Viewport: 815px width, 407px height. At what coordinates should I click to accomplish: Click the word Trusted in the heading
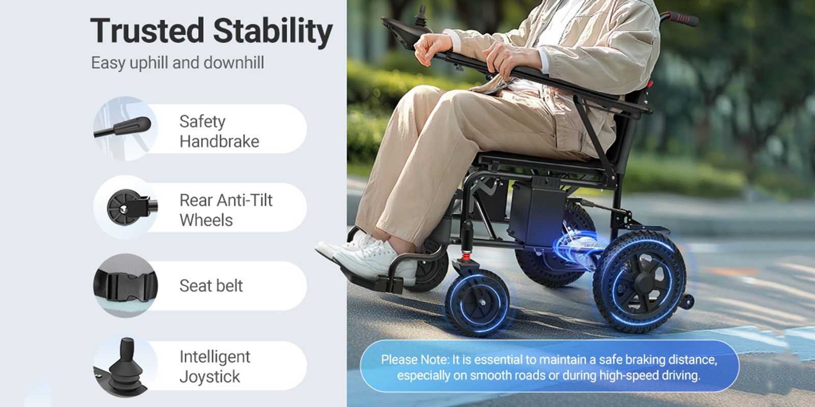point(147,31)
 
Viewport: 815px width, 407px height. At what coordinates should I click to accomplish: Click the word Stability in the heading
point(273,33)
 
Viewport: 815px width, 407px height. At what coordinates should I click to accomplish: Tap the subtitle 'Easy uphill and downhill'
point(178,63)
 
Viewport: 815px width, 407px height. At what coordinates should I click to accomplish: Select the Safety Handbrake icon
point(125,128)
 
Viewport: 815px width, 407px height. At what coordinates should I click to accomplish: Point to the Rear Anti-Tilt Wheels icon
point(125,207)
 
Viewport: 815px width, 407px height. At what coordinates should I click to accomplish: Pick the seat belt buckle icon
point(125,285)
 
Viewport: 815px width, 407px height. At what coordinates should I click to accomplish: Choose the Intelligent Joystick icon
point(125,366)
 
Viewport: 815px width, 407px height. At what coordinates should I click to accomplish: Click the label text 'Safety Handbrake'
point(219,132)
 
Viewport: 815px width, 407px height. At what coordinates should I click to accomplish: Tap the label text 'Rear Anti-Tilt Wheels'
point(226,210)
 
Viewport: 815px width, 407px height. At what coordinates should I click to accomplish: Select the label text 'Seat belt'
point(211,285)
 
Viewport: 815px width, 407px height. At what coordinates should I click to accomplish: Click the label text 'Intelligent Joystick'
point(214,366)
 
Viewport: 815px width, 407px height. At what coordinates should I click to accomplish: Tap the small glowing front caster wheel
point(477,303)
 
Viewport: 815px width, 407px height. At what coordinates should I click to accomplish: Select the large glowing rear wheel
point(640,281)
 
